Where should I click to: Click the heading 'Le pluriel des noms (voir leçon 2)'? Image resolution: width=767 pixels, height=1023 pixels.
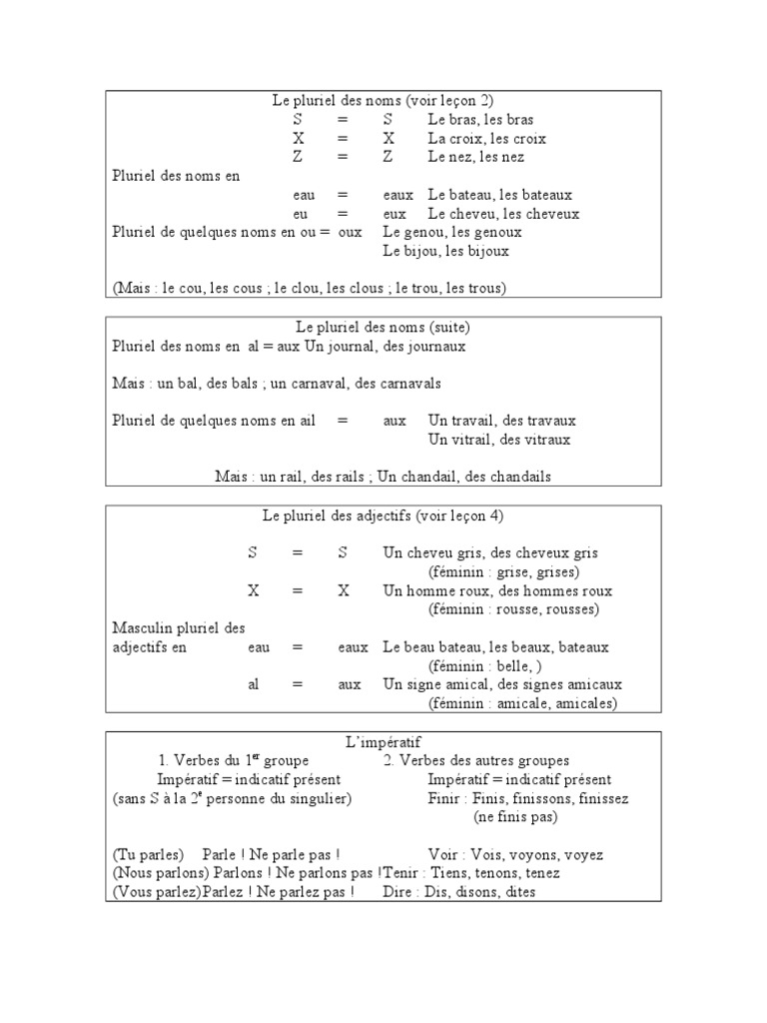[383, 101]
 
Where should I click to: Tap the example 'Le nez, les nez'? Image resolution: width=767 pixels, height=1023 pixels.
[475, 158]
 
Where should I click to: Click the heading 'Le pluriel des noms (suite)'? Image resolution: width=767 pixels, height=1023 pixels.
[383, 327]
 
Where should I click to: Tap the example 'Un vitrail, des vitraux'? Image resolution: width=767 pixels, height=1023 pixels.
[499, 440]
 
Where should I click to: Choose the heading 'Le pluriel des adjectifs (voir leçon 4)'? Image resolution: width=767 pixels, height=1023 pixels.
[383, 515]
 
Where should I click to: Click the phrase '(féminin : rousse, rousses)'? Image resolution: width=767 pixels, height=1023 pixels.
[514, 609]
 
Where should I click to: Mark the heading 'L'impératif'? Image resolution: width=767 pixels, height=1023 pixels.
[383, 741]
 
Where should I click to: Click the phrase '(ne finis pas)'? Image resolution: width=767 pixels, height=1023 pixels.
[515, 817]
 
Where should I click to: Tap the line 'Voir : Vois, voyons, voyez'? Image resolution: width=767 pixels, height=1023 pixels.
[515, 855]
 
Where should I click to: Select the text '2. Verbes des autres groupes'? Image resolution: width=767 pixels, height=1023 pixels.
[476, 760]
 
